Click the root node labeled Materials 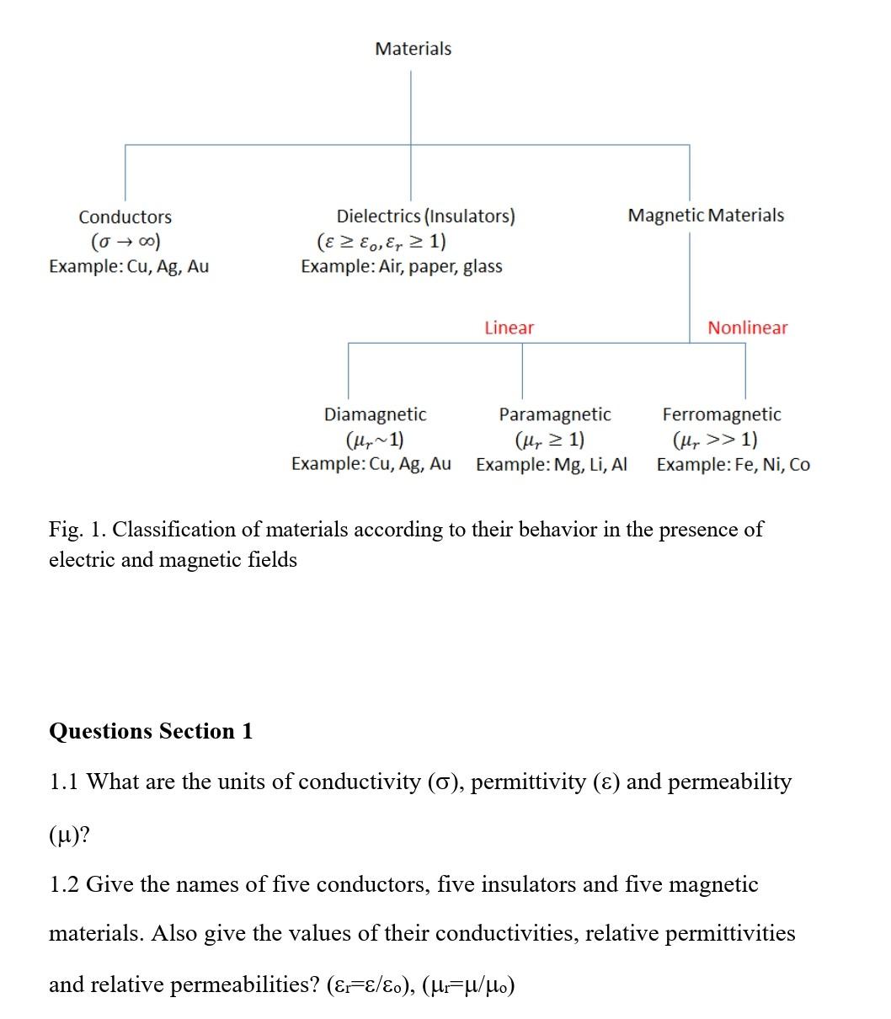pos(413,49)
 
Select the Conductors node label pos(125,217)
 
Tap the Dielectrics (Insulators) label pos(425,216)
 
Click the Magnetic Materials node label pos(706,216)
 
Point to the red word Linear pos(509,328)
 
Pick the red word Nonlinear pos(747,328)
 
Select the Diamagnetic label pos(375,414)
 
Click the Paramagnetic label pos(555,414)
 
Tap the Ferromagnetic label pos(722,414)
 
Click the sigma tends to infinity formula pos(125,243)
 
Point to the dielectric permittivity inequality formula pos(381,243)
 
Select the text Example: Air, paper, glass pos(402,267)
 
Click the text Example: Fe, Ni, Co pos(733,465)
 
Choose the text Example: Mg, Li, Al pos(552,465)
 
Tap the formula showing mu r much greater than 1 pos(714,440)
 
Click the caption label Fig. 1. pos(77,530)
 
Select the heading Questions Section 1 pos(151,731)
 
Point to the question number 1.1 pos(65,782)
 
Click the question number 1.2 pos(65,885)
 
